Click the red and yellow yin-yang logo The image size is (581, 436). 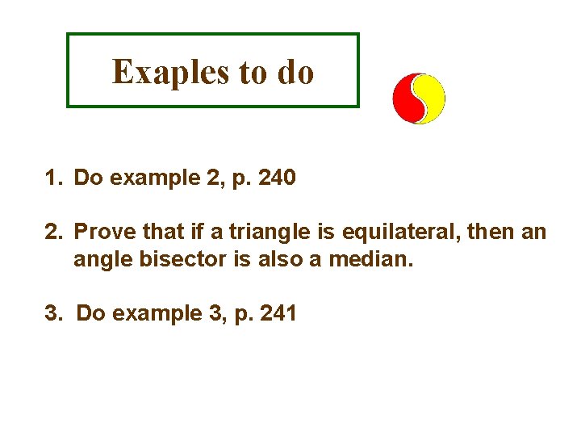coord(419,99)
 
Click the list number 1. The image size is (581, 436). coord(52,178)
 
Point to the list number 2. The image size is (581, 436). coord(52,233)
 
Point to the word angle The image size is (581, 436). coord(98,260)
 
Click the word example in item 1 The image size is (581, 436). coord(150,178)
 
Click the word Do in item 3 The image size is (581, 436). coord(90,313)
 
